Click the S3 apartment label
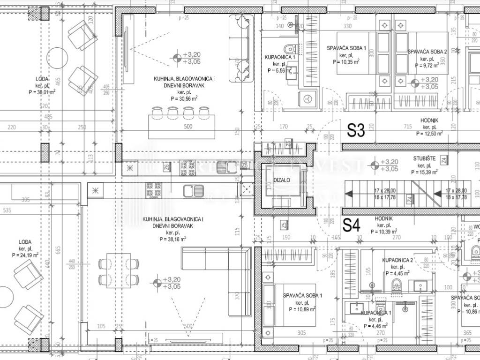pyautogui.click(x=356, y=130)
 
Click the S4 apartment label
pyautogui.click(x=352, y=225)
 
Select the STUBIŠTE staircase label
pyautogui.click(x=425, y=159)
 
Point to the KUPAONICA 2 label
pyautogui.click(x=397, y=260)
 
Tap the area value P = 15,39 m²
pyautogui.click(x=425, y=172)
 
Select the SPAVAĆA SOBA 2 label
pyautogui.click(x=427, y=52)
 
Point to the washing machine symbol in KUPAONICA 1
pyautogui.click(x=307, y=99)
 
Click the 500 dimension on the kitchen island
pyautogui.click(x=187, y=127)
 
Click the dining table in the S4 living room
pyautogui.click(x=119, y=270)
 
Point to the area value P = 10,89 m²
pyautogui.click(x=302, y=310)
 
